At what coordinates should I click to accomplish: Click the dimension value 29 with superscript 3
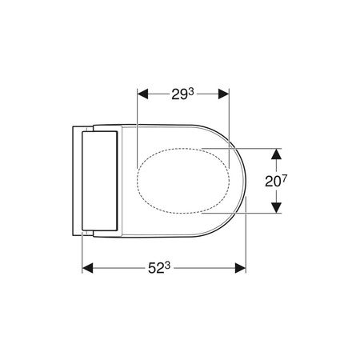pyautogui.click(x=182, y=94)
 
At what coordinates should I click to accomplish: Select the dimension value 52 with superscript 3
pyautogui.click(x=159, y=268)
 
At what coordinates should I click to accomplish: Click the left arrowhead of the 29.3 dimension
pyautogui.click(x=142, y=94)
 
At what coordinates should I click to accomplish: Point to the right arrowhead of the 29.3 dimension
pyautogui.click(x=224, y=94)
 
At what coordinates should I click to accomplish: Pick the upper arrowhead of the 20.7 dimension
pyautogui.click(x=276, y=154)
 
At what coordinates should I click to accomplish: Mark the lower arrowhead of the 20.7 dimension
pyautogui.click(x=276, y=208)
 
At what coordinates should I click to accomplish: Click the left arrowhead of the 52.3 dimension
pyautogui.click(x=87, y=268)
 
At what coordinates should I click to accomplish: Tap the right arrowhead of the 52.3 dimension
pyautogui.click(x=240, y=268)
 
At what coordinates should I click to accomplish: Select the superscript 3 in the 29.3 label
pyautogui.click(x=191, y=92)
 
